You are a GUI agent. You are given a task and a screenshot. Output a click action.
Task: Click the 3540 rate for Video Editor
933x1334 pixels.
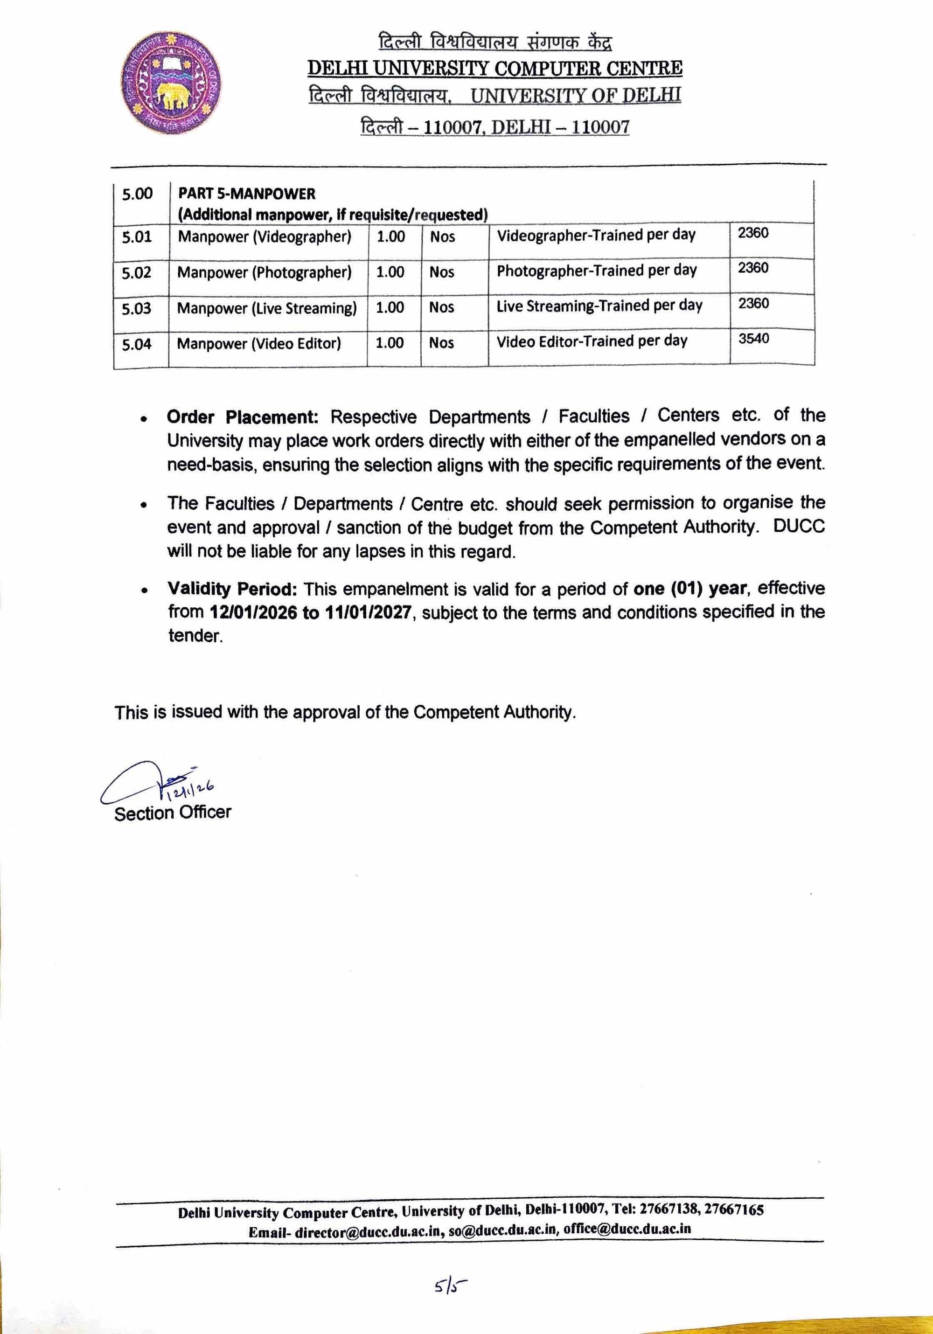[753, 339]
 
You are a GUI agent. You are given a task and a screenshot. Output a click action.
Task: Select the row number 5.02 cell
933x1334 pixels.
[137, 273]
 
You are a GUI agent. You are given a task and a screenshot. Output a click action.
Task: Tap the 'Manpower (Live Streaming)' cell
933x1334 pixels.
[267, 308]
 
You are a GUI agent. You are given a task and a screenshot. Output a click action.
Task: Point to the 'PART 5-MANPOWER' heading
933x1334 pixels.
[246, 194]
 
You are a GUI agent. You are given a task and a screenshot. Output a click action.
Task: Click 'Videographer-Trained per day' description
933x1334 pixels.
[595, 235]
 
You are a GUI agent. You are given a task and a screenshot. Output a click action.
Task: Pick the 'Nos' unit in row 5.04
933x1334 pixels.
[441, 343]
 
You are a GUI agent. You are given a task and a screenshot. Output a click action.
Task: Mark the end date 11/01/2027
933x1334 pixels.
[369, 612]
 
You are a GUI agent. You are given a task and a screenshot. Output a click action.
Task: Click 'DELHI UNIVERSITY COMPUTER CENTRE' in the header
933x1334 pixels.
[494, 69]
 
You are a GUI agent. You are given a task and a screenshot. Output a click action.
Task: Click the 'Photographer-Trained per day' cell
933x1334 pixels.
[596, 271]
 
